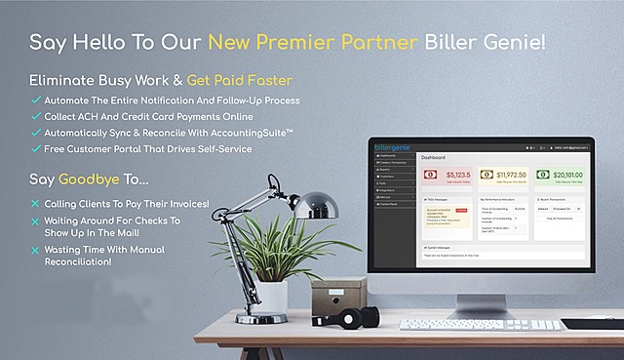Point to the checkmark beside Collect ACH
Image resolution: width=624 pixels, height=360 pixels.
(36, 116)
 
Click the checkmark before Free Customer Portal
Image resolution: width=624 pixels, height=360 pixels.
(36, 148)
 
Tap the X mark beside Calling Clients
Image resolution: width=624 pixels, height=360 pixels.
(36, 204)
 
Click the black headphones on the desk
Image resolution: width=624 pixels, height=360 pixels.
(353, 317)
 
